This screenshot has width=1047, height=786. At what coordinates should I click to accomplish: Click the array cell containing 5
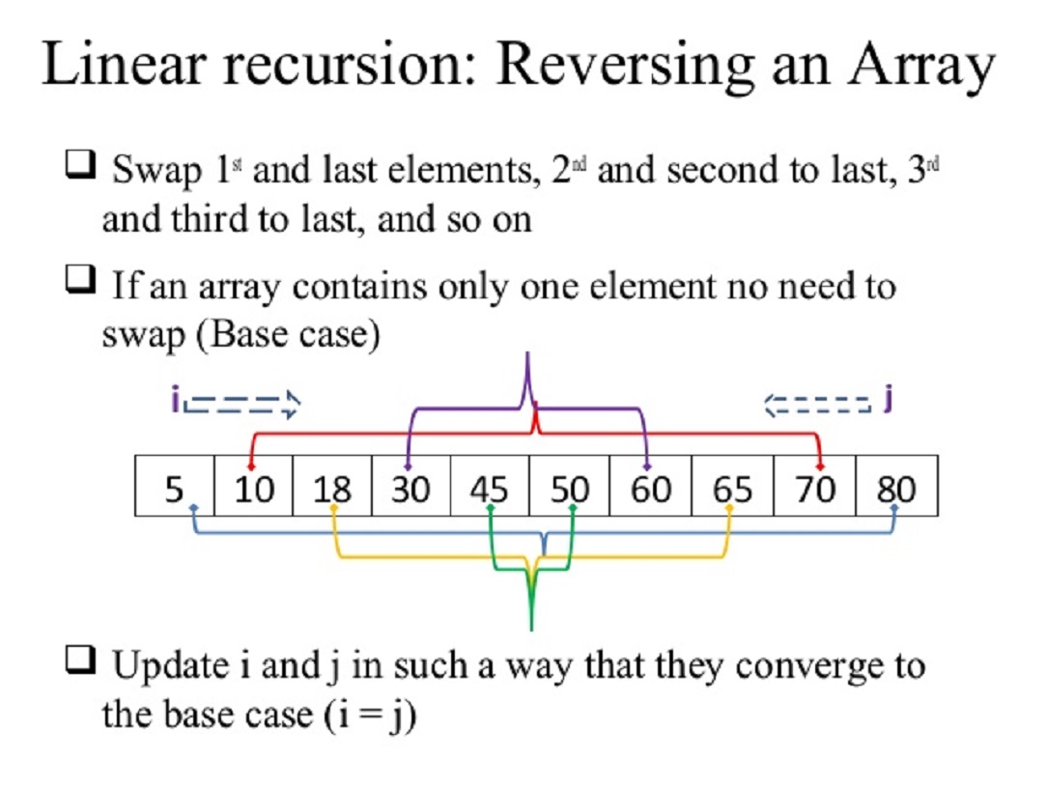click(173, 489)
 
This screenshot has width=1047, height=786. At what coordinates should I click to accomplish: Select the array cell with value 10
click(253, 489)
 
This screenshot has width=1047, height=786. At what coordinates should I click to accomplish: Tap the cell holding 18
click(332, 489)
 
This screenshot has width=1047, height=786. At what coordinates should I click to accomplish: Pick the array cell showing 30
click(410, 489)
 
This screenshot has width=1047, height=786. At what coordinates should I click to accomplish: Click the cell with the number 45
click(490, 489)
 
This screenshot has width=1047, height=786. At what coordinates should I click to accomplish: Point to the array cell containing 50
click(570, 489)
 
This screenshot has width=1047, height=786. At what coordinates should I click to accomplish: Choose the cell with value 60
click(650, 489)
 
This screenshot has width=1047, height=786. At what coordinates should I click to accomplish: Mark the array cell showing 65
click(731, 489)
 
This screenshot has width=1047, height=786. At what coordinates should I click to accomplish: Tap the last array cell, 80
click(896, 489)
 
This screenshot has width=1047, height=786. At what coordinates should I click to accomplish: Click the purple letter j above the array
click(887, 401)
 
